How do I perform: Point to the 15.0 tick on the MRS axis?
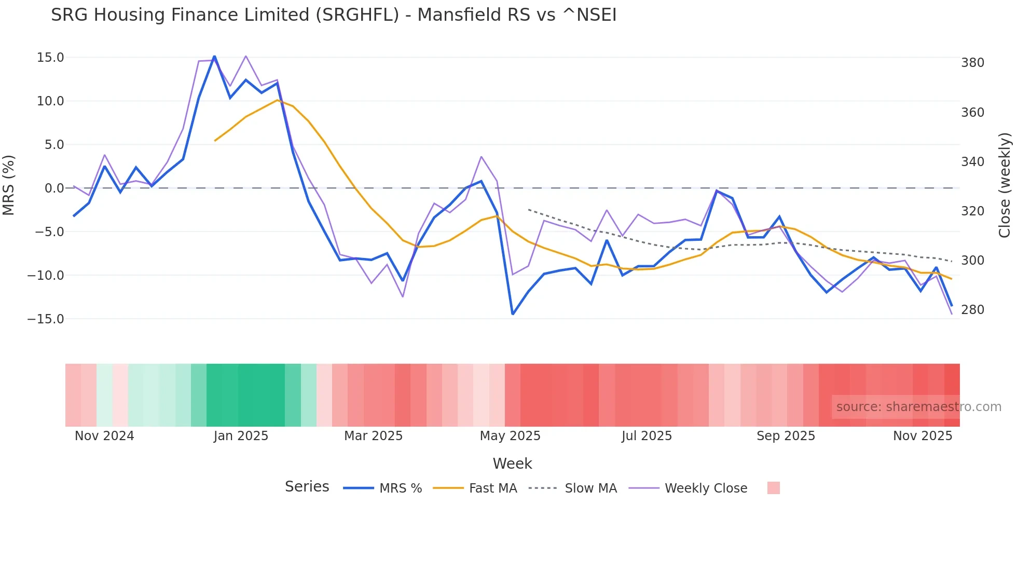tap(50, 58)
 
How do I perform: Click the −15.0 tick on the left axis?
tap(46, 319)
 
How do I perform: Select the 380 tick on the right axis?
tap(972, 63)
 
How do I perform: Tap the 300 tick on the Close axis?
tap(972, 261)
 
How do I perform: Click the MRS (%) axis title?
tap(9, 185)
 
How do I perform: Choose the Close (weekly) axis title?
tap(1005, 185)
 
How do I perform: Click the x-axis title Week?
tap(512, 464)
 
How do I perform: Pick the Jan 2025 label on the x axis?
tap(241, 436)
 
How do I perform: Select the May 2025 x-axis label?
tap(510, 436)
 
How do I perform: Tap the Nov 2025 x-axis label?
tap(923, 436)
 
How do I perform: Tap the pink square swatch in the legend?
tap(773, 488)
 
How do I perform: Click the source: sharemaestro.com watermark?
tap(918, 407)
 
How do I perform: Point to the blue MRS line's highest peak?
tap(214, 57)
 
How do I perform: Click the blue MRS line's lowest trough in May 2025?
tap(513, 314)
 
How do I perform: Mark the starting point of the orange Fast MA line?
tap(215, 141)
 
